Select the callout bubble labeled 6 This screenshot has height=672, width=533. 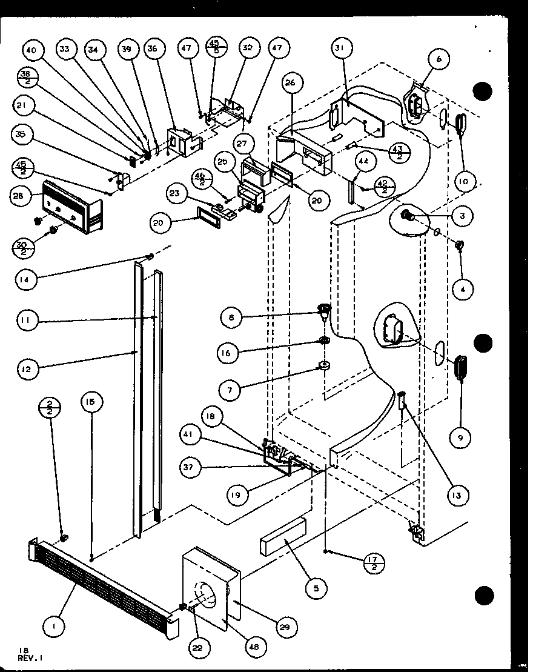[x=439, y=59]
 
